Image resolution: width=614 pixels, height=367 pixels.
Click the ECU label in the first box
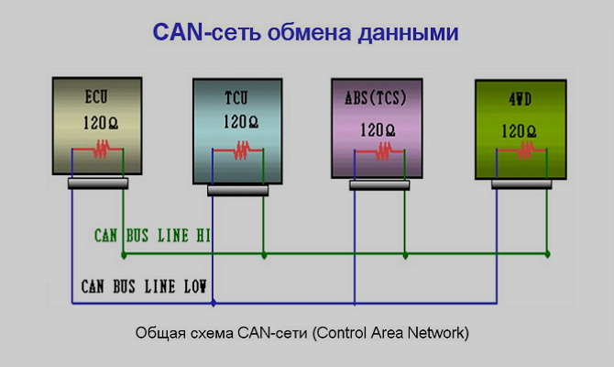[97, 96]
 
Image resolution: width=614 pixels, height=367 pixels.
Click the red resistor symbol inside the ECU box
[100, 147]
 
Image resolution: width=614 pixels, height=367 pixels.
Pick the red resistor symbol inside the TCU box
[242, 150]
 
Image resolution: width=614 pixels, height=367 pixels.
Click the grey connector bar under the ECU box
[97, 183]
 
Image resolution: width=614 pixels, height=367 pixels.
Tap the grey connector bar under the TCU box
[237, 190]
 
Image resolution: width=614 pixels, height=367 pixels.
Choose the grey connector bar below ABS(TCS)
[379, 184]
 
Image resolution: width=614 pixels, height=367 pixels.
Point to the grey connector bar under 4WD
[522, 184]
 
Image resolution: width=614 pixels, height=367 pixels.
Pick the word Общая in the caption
[154, 332]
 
